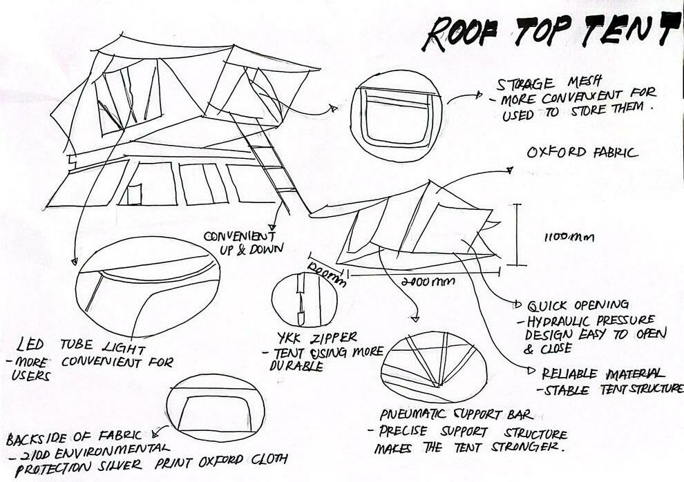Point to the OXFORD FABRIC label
582,153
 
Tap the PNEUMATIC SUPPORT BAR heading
455,415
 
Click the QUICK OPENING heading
578,305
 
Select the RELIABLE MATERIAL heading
604,373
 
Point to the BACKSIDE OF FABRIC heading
74,436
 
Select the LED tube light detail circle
146,286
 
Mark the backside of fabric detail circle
215,407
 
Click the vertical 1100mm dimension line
517,235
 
